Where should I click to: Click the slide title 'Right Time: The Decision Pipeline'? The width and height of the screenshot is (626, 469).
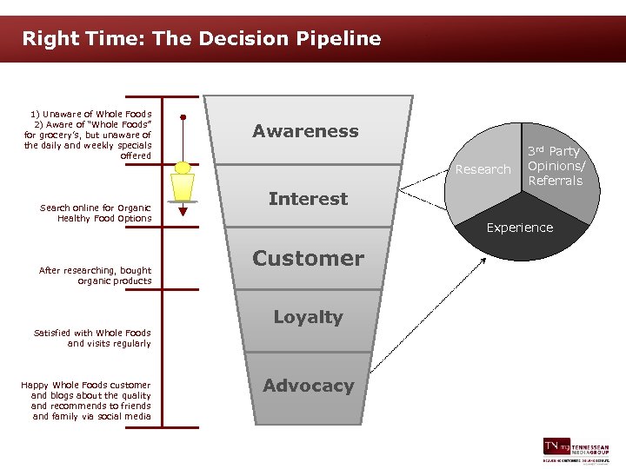(x=201, y=38)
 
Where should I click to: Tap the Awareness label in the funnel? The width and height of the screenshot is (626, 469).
(x=305, y=131)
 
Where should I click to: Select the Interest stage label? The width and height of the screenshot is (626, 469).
(x=308, y=199)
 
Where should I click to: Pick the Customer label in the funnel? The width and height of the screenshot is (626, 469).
(x=308, y=258)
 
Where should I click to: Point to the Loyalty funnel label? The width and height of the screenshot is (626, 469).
(x=308, y=317)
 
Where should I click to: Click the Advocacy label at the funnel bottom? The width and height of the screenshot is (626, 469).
(x=308, y=386)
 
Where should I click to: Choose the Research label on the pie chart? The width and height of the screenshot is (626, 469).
(x=483, y=169)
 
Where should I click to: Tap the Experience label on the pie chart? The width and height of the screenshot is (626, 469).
(x=519, y=228)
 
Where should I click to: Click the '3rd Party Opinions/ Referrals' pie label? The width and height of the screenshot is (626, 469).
(x=555, y=165)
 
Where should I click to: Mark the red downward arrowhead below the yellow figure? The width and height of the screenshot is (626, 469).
(x=183, y=210)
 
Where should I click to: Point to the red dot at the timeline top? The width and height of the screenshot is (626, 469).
(x=183, y=116)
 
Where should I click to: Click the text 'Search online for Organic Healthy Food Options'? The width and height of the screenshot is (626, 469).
(x=96, y=213)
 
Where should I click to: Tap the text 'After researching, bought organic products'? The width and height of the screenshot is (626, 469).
(x=96, y=275)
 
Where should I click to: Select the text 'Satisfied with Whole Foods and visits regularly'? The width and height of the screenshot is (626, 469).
(x=92, y=338)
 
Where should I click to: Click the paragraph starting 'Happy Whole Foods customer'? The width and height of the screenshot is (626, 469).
(x=86, y=400)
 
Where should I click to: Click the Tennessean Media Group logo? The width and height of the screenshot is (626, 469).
(x=575, y=450)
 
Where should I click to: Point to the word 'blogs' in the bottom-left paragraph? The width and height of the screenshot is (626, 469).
(x=66, y=395)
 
